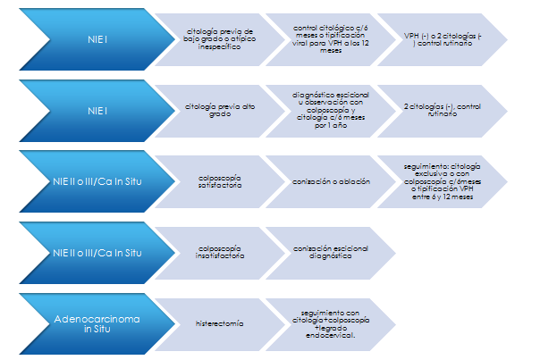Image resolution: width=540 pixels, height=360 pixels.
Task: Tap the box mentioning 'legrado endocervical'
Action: click(x=330, y=322)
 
